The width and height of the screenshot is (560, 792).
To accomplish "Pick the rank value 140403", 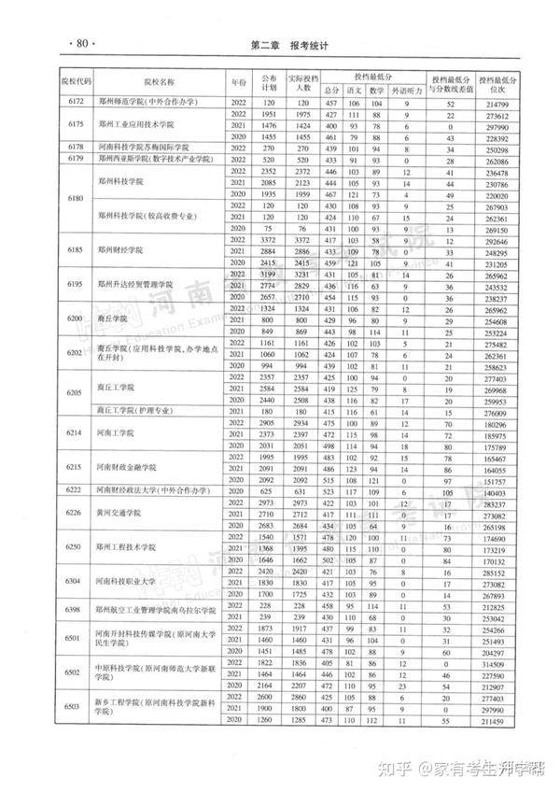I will click(495, 491).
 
